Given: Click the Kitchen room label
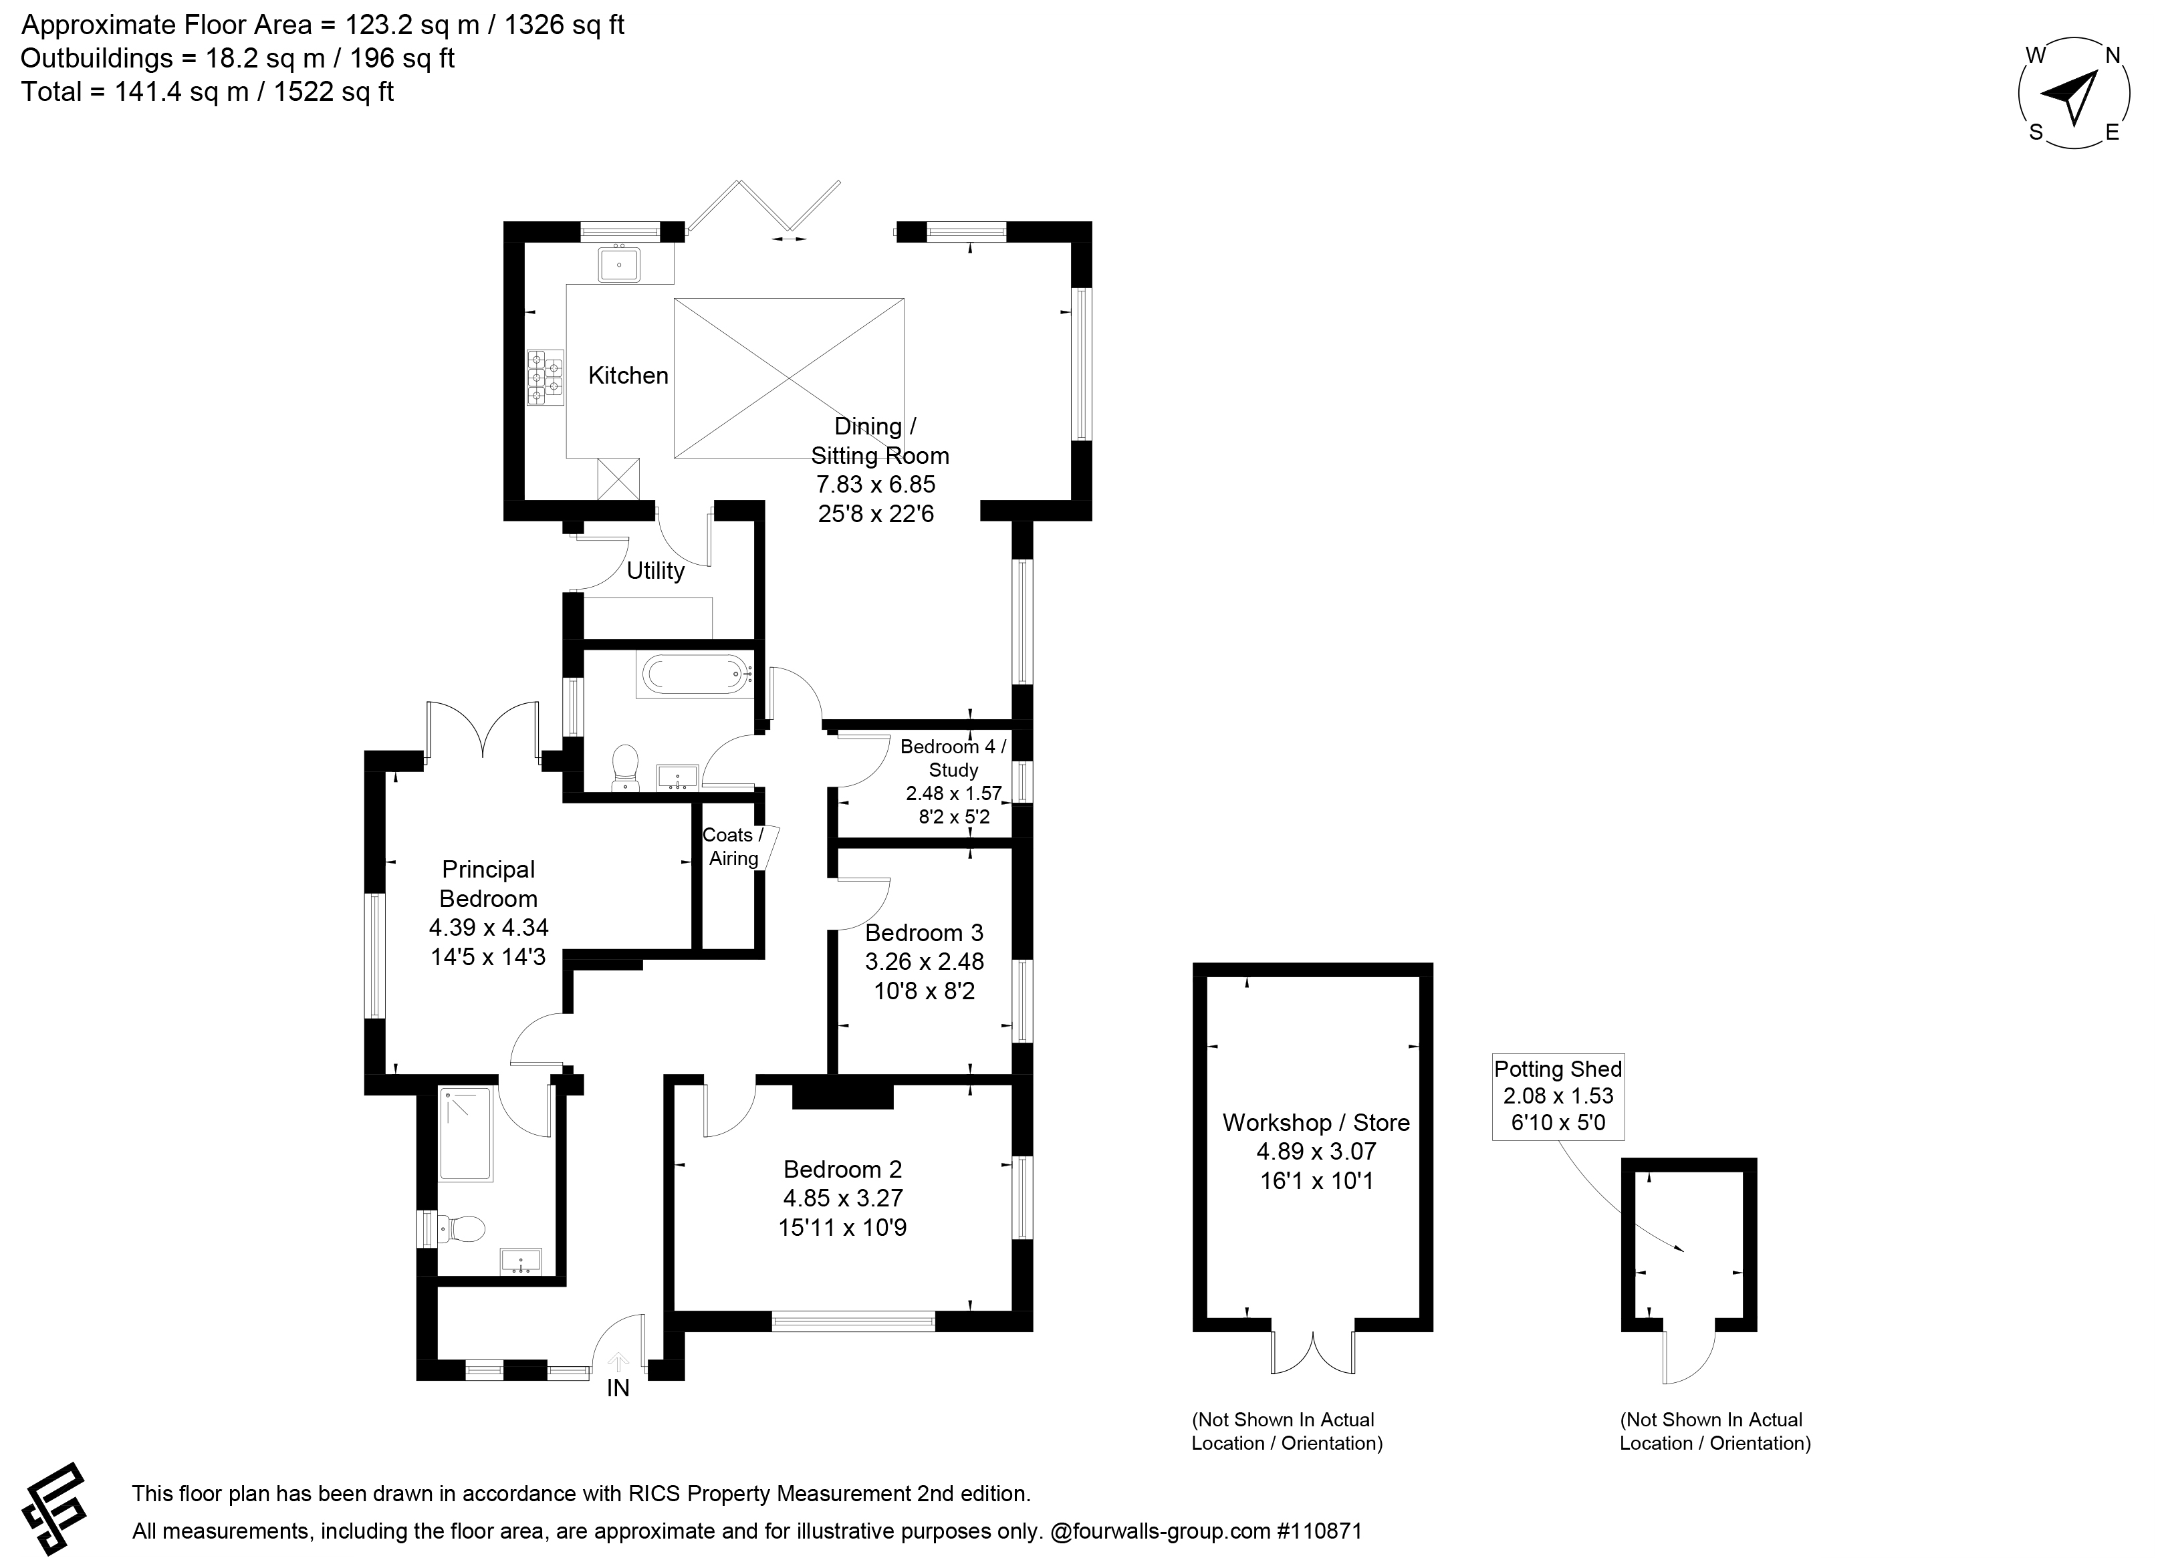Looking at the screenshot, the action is (628, 376).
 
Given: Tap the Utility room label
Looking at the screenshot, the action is (656, 571).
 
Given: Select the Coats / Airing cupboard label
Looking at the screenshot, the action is (733, 847).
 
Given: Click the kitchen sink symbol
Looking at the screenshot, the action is (620, 263).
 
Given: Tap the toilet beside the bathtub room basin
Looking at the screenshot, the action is (625, 767).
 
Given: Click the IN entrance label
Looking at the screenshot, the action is (618, 1389).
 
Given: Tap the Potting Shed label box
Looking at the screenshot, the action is (1558, 1097).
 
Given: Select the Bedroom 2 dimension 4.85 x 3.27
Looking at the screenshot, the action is (843, 1198).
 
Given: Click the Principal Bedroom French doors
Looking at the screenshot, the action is (484, 731).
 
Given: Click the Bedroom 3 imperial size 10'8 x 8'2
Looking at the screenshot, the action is (924, 991).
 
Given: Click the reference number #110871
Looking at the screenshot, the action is (1320, 1531).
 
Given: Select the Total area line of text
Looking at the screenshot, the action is (207, 92).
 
